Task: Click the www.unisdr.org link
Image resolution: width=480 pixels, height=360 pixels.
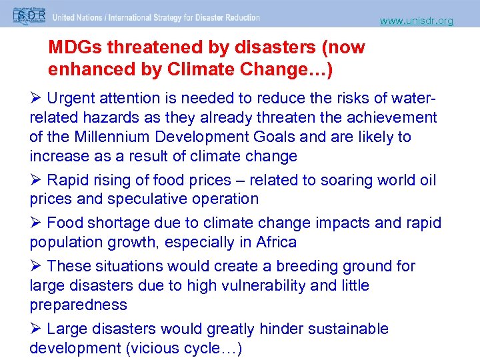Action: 417,21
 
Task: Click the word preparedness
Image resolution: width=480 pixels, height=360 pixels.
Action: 78,305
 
